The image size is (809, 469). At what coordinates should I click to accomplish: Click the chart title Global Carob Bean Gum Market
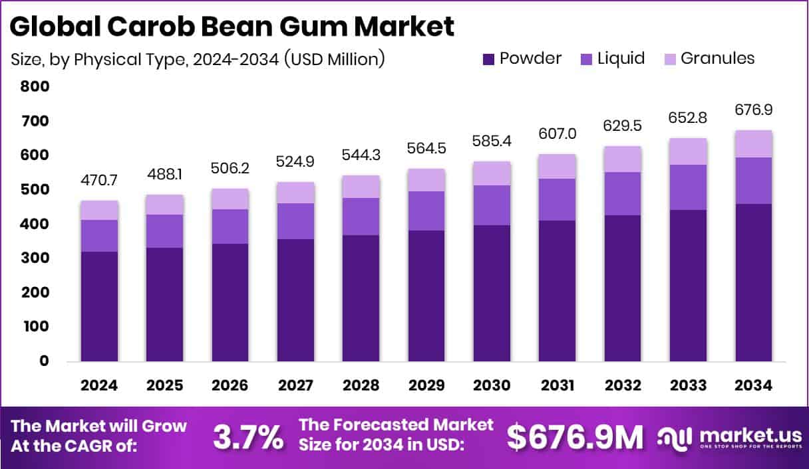(233, 26)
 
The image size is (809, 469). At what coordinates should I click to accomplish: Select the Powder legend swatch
(488, 59)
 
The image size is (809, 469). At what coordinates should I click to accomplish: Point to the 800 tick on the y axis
(34, 86)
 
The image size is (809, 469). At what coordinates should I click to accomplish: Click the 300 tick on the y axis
(34, 258)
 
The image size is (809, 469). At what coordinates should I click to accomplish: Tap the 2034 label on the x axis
(754, 386)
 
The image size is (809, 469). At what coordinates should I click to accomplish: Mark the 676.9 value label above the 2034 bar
(754, 110)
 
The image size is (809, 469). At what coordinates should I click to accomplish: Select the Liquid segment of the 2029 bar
(426, 211)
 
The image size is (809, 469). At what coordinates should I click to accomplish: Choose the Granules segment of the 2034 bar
(754, 143)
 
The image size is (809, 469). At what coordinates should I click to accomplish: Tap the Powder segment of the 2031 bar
(558, 291)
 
